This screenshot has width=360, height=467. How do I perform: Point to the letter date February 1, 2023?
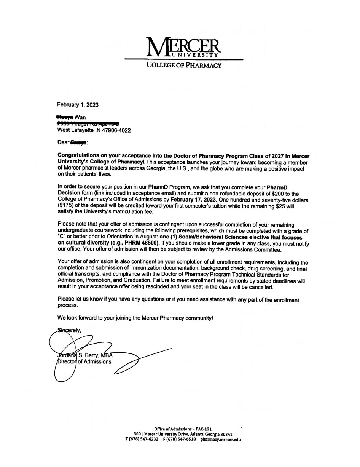[78, 105]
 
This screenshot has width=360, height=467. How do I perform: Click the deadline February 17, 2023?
[193, 199]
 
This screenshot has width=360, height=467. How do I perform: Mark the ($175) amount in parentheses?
[65, 206]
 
